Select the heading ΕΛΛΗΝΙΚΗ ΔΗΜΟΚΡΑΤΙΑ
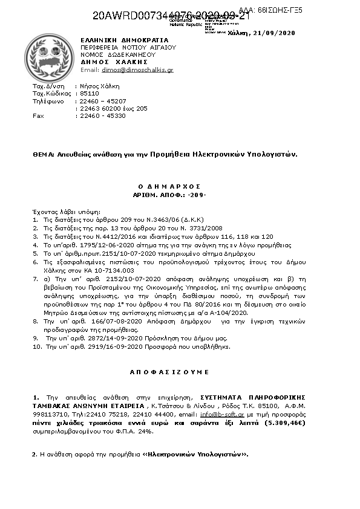pyautogui.click(x=124, y=39)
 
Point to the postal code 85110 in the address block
pyautogui.click(x=89, y=94)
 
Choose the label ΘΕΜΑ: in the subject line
pyautogui.click(x=44, y=154)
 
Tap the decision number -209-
pyautogui.click(x=197, y=196)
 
